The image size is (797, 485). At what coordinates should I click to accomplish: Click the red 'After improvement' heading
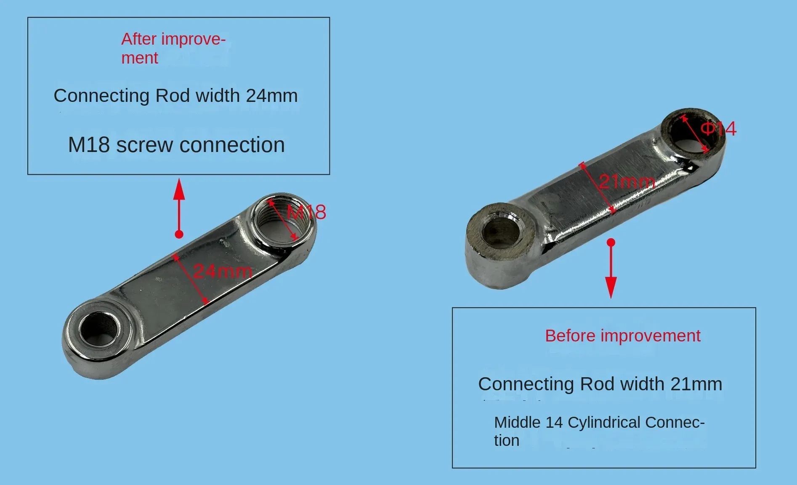173,48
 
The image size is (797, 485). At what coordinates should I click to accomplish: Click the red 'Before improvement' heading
622,336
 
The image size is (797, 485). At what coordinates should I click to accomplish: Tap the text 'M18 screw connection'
176,145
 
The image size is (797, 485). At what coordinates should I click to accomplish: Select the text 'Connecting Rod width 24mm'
175,96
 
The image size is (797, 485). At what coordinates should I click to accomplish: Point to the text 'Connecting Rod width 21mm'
600,384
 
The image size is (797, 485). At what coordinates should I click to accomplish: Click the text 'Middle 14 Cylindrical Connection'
599,431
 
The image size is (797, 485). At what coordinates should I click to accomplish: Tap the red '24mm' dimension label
223,271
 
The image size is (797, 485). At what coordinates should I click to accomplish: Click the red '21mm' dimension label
627,181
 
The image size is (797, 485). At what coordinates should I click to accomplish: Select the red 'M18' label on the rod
306,212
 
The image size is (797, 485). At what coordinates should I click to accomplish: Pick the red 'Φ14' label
719,129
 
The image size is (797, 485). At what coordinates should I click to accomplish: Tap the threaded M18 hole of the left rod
281,219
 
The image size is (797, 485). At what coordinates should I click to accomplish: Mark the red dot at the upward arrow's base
179,234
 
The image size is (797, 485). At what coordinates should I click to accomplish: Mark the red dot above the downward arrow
611,242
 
